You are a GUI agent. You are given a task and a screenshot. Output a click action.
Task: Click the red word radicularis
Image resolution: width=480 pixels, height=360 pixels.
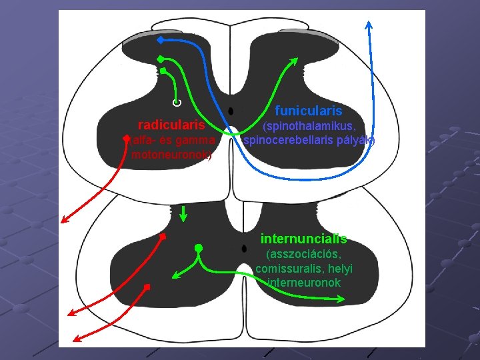point(175,125)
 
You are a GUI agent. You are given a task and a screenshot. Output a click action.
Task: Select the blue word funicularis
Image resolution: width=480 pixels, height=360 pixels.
point(309,111)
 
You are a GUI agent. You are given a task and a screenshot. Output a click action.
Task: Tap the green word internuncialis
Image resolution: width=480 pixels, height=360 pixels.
point(303,239)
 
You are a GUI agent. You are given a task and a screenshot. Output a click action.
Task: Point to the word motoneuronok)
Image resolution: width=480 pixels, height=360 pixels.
point(172,155)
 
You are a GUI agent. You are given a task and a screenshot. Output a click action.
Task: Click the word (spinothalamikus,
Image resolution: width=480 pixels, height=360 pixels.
point(309,126)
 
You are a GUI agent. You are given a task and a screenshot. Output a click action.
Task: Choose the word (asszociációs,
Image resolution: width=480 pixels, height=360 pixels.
point(304,255)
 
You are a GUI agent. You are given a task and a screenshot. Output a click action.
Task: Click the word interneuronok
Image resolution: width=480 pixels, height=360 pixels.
point(304,283)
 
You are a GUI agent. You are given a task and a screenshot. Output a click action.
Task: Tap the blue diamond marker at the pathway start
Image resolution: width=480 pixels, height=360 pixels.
point(160,40)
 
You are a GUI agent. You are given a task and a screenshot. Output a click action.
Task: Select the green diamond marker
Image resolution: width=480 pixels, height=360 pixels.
point(161,59)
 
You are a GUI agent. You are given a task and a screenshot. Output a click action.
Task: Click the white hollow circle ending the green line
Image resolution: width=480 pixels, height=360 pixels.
point(176,103)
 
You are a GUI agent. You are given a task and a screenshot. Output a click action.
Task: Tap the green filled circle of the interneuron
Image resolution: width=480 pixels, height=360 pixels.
point(197,249)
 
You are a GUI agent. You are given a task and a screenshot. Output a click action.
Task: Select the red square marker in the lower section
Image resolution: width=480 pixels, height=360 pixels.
point(147,287)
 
